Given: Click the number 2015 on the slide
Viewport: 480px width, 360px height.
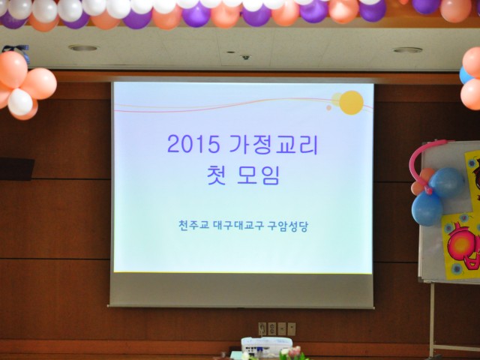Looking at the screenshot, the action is [x=193, y=144].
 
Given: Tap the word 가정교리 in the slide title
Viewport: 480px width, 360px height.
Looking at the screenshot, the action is [x=274, y=144].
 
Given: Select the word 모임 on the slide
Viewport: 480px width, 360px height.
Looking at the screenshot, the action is [x=258, y=175].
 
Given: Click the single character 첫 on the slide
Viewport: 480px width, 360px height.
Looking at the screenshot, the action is [x=217, y=175].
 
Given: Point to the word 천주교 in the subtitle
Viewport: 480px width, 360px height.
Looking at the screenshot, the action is [x=193, y=226].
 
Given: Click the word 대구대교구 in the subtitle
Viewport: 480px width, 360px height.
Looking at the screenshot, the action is [x=238, y=226].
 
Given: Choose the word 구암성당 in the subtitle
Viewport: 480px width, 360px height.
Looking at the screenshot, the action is [x=288, y=226].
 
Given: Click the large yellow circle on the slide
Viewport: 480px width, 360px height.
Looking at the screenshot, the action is [x=351, y=103].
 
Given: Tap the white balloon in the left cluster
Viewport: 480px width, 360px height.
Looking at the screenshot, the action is [x=20, y=102].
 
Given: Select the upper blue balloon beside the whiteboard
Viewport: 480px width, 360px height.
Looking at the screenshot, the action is [x=447, y=182].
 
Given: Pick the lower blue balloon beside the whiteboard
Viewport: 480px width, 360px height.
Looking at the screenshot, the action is [x=427, y=208].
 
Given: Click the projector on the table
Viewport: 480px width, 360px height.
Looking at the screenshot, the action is [x=267, y=346].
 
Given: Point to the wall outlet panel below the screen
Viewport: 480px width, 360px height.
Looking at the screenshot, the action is [x=277, y=328].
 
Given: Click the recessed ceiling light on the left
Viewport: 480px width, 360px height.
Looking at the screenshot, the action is [x=83, y=48].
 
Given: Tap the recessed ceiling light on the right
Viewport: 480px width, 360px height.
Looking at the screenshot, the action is [x=407, y=50].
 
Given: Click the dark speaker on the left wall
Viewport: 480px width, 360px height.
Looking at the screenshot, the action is [x=16, y=169].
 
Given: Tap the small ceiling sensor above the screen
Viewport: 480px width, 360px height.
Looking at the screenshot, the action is [x=246, y=57].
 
